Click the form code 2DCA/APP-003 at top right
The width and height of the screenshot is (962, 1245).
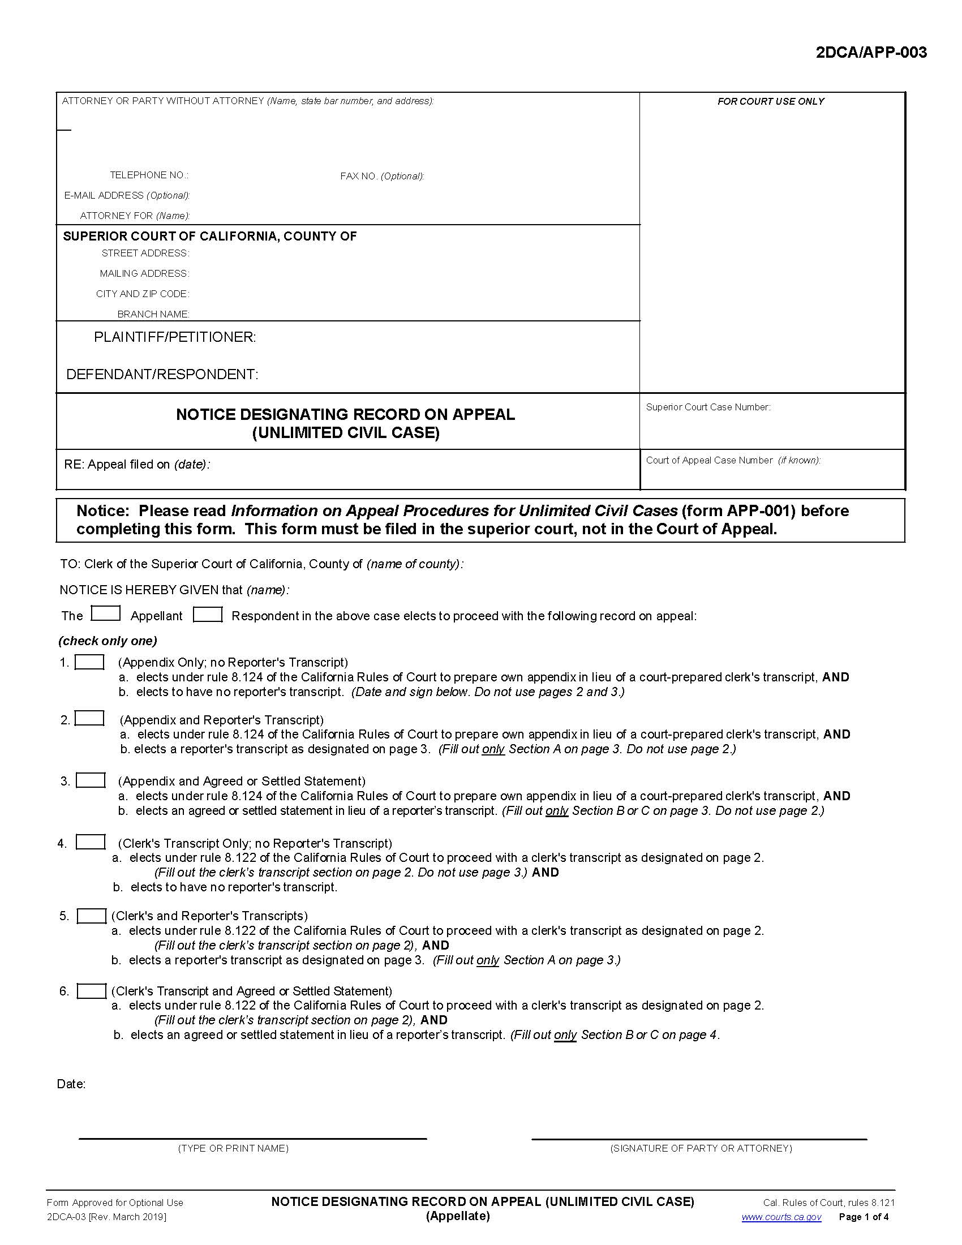click(x=871, y=53)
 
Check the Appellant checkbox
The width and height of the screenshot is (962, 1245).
click(x=105, y=614)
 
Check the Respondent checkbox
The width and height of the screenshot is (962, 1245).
click(x=208, y=615)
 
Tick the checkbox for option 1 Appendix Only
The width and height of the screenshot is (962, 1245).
click(x=89, y=662)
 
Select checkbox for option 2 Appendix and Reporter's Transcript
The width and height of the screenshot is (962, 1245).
click(x=90, y=718)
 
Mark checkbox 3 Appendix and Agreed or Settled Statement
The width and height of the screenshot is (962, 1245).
click(x=91, y=780)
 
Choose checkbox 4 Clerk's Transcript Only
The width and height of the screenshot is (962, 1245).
click(x=90, y=842)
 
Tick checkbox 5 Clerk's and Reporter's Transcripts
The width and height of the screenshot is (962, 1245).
click(x=91, y=916)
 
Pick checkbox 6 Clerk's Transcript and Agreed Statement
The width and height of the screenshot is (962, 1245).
click(x=91, y=991)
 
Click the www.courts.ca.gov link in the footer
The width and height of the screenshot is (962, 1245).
click(x=781, y=1217)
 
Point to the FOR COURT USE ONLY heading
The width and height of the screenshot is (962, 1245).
click(x=771, y=101)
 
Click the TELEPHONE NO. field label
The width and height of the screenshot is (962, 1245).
click(x=149, y=175)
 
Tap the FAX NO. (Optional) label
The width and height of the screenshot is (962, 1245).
click(x=382, y=176)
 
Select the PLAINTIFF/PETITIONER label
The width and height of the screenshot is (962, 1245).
click(x=175, y=337)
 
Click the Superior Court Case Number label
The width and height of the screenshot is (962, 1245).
click(x=708, y=407)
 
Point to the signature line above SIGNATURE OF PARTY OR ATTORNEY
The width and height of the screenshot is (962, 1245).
click(x=699, y=1139)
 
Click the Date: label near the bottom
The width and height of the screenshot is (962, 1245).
click(x=71, y=1084)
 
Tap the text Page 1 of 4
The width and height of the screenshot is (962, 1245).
click(x=864, y=1217)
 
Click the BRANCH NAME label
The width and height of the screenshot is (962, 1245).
click(x=153, y=314)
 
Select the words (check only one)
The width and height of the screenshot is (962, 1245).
click(x=108, y=641)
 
